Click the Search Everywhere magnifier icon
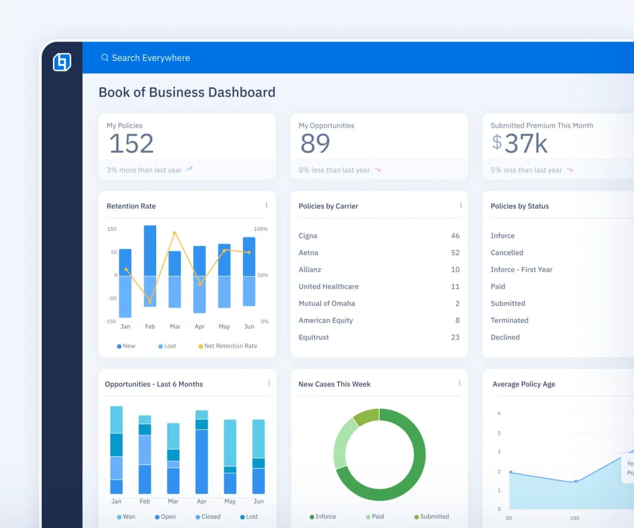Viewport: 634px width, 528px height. click(x=104, y=57)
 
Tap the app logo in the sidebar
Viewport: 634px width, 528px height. click(x=62, y=62)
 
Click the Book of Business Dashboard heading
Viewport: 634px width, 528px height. click(x=187, y=92)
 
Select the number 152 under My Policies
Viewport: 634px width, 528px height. click(x=131, y=144)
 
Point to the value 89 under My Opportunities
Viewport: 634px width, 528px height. click(x=315, y=144)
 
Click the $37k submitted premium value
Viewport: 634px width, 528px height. click(x=520, y=144)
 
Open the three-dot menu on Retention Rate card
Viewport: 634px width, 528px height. click(x=267, y=205)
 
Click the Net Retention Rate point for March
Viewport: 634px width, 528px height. click(x=174, y=233)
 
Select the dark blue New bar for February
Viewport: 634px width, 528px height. click(x=150, y=251)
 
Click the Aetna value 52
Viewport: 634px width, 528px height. click(x=455, y=253)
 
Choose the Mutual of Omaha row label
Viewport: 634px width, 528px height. click(x=326, y=303)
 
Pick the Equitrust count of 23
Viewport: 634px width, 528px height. click(x=455, y=337)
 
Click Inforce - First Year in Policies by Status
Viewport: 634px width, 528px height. click(x=521, y=270)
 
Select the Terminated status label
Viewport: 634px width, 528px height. click(x=509, y=320)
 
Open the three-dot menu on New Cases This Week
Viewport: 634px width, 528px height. click(x=459, y=384)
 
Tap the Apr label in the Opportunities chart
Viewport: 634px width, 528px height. click(x=201, y=502)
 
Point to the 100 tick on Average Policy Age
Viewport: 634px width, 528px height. click(x=575, y=518)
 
